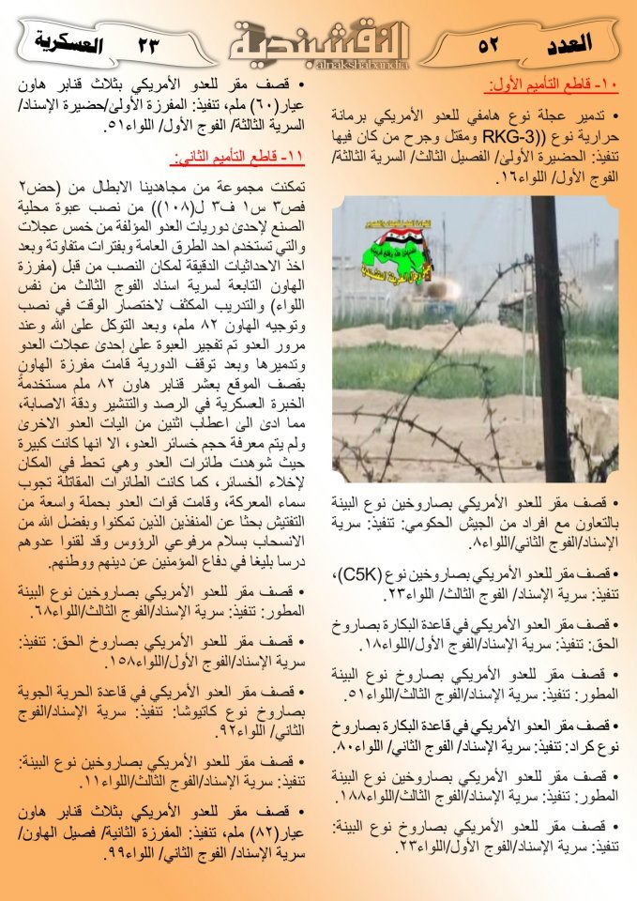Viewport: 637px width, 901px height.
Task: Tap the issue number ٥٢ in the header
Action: [x=488, y=44]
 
